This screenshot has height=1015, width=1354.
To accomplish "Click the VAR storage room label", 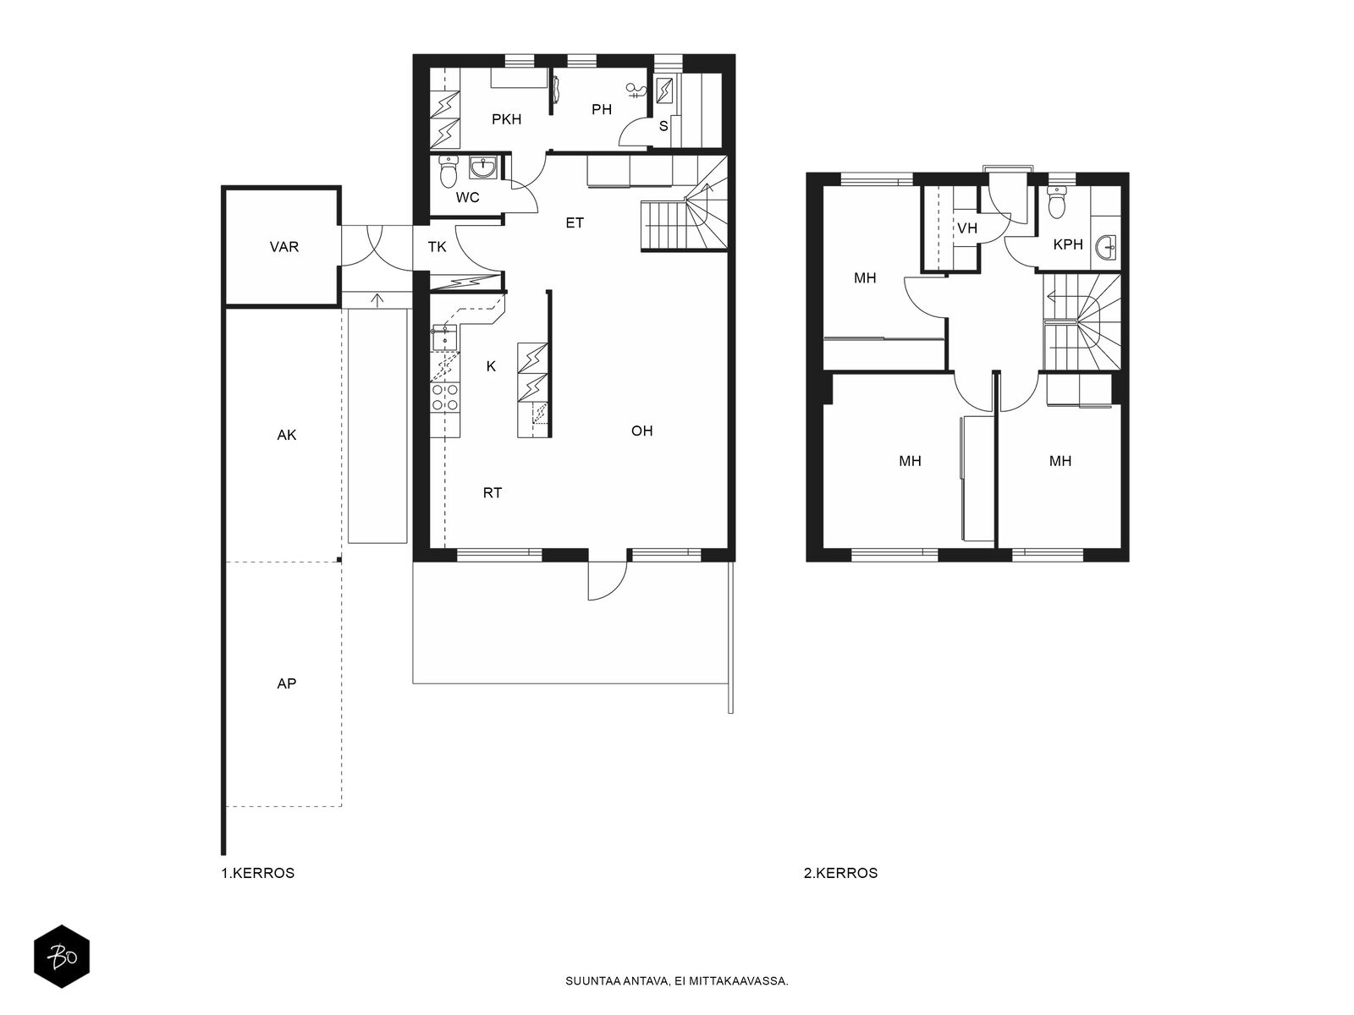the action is pyautogui.click(x=283, y=247).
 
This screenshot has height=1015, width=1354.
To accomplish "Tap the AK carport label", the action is pyautogui.click(x=286, y=435).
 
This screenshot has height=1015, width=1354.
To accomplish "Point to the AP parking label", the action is pyautogui.click(x=286, y=683).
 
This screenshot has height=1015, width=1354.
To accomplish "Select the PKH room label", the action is pyautogui.click(x=506, y=119).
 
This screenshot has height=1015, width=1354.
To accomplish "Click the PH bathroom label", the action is pyautogui.click(x=602, y=110).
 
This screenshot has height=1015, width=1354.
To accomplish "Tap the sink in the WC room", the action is pyautogui.click(x=483, y=167).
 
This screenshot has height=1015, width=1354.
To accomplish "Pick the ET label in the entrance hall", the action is pyautogui.click(x=575, y=223).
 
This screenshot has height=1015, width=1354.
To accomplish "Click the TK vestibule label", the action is pyautogui.click(x=437, y=247).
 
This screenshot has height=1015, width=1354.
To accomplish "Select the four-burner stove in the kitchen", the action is pyautogui.click(x=445, y=398).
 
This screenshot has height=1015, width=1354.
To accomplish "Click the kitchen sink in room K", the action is pyautogui.click(x=445, y=337).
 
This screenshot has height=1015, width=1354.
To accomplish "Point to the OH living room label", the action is pyautogui.click(x=641, y=431).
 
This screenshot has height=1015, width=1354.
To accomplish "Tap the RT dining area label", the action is pyautogui.click(x=493, y=493).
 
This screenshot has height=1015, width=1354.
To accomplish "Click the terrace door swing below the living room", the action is pyautogui.click(x=608, y=580).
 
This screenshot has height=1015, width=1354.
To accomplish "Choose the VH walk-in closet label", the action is pyautogui.click(x=967, y=228).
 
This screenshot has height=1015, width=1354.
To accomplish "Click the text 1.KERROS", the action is pyautogui.click(x=258, y=873).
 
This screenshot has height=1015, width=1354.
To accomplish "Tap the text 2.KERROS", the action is pyautogui.click(x=840, y=873).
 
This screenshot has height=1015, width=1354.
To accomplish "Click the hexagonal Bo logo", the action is pyautogui.click(x=62, y=957).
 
